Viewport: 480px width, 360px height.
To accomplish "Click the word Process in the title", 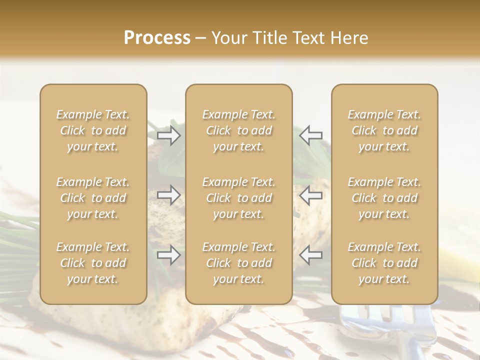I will click(x=157, y=37).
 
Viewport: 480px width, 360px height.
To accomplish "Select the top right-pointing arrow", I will click(x=169, y=135).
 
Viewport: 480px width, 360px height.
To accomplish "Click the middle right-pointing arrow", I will click(x=169, y=195).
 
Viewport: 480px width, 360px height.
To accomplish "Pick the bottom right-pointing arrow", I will click(x=169, y=255).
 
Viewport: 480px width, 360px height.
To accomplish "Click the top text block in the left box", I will click(x=93, y=130).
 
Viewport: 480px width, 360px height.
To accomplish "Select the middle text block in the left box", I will click(x=93, y=198).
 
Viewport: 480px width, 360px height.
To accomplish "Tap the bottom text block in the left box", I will click(x=93, y=263).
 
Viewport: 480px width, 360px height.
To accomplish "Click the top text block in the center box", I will click(x=238, y=130).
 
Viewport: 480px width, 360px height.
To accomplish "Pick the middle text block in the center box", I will click(x=238, y=198).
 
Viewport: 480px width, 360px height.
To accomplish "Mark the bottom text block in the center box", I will click(x=238, y=263).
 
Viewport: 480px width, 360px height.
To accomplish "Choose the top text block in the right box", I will click(x=384, y=130).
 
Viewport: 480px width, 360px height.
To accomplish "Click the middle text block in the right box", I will click(x=384, y=198).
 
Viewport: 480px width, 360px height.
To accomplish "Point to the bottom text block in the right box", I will click(x=384, y=263).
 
